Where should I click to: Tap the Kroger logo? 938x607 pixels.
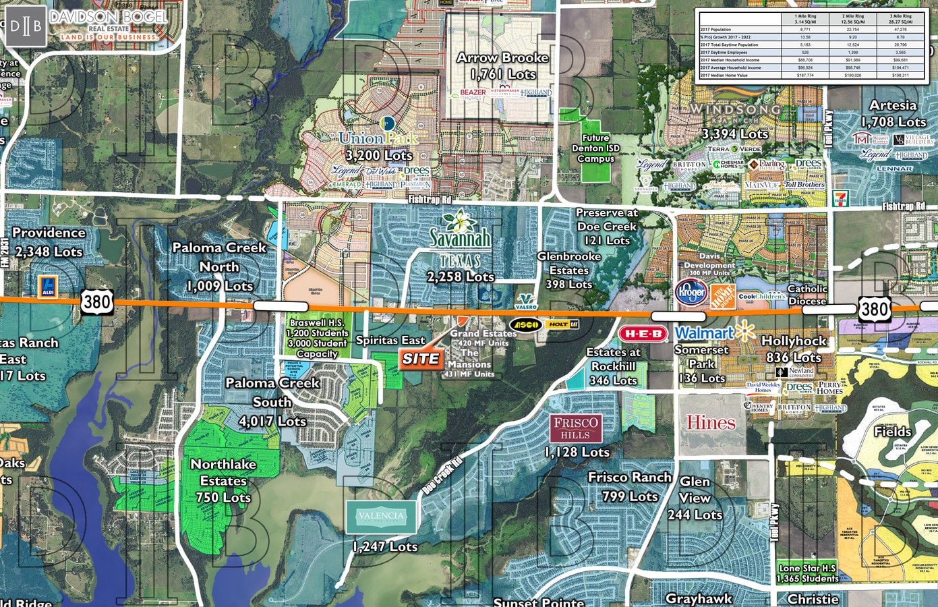(x=691, y=293)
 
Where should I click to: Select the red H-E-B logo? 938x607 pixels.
(x=643, y=334)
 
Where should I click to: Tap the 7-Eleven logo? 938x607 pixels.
(x=840, y=198)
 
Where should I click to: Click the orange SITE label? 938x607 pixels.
(x=421, y=359)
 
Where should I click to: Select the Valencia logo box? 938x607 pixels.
(x=381, y=517)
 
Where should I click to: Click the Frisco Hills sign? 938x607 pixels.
(x=575, y=428)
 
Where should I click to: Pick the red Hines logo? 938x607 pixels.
(x=711, y=423)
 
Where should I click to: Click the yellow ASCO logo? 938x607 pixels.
(x=526, y=325)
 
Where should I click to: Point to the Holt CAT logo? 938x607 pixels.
(x=562, y=324)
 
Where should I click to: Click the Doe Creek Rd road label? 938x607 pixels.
(x=442, y=476)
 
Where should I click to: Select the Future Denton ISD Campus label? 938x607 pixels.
(x=595, y=148)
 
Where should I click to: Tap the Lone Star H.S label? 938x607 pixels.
(x=807, y=573)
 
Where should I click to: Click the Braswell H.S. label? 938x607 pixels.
(x=317, y=323)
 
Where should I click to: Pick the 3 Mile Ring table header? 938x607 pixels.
(x=900, y=19)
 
